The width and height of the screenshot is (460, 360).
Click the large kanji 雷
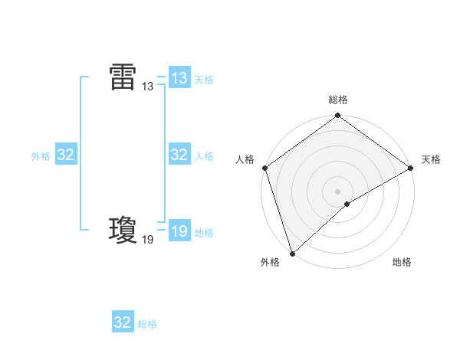(x=123, y=77)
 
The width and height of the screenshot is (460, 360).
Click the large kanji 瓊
(x=123, y=230)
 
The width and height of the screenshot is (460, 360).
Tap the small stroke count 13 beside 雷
(x=148, y=87)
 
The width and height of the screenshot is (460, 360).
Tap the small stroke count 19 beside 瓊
(x=148, y=240)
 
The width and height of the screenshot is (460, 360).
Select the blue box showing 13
(x=179, y=78)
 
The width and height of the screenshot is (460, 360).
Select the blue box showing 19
(x=179, y=231)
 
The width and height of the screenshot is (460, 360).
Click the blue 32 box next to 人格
(x=179, y=155)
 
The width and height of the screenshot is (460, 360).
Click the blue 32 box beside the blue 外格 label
(x=66, y=155)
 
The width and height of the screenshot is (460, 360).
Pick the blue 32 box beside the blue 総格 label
(x=123, y=322)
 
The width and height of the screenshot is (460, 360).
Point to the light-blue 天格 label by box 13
(x=204, y=80)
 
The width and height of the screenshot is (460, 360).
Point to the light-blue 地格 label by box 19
(x=204, y=233)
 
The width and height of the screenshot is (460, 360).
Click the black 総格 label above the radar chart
(x=338, y=100)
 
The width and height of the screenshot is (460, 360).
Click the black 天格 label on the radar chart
(x=431, y=159)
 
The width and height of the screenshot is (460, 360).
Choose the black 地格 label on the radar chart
(x=402, y=262)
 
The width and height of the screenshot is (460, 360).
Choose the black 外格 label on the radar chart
(x=270, y=262)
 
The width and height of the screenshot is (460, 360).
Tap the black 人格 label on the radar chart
(x=245, y=159)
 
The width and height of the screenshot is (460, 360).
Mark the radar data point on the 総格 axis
(x=338, y=116)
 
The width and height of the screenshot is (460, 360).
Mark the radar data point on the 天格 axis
(x=411, y=168)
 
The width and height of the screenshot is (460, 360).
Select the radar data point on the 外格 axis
(x=292, y=253)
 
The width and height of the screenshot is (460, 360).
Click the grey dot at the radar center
(x=338, y=191)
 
